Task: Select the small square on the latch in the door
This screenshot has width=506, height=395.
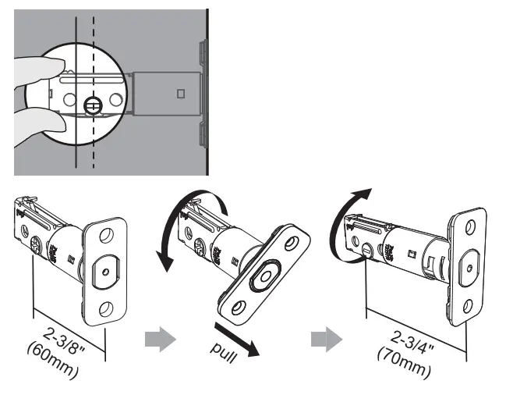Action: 181,94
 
